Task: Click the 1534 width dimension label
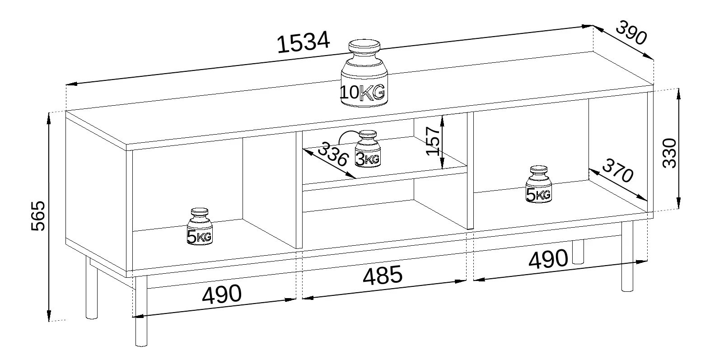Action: point(303,43)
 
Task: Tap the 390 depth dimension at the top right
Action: point(631,33)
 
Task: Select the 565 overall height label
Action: point(39,215)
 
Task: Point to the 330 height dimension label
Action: point(669,153)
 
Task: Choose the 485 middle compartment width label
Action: point(382,275)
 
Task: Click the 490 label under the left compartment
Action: point(221,295)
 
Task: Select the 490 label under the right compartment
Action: point(548,259)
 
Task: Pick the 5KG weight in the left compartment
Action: point(199,227)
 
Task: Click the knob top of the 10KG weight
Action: point(364,46)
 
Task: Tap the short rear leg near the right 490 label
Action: point(578,252)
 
